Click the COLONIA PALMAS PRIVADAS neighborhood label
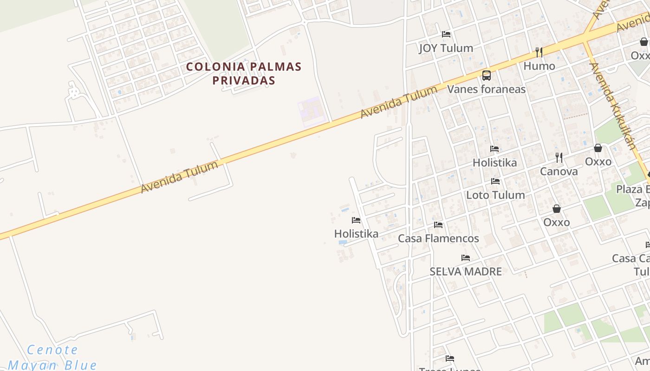point(244,73)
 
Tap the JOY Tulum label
point(446,48)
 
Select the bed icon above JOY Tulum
point(446,34)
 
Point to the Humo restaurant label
point(539,66)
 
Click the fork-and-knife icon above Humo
point(539,52)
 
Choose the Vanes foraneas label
point(486,89)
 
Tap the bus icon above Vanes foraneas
point(486,75)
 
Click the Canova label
point(559,171)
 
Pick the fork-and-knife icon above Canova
point(559,158)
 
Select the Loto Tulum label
point(495,195)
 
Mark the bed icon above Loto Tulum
point(495,181)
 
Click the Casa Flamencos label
point(438,238)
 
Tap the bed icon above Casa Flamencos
point(438,225)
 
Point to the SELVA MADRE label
point(466,271)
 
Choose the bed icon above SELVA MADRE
point(466,258)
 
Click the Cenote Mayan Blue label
point(52,357)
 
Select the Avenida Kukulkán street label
point(612,105)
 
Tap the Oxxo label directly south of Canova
point(556,222)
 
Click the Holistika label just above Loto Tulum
point(494,162)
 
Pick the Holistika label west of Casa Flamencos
point(356,233)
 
